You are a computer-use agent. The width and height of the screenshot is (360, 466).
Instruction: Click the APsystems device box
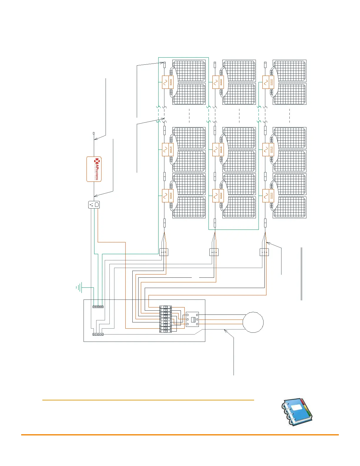coord(94,169)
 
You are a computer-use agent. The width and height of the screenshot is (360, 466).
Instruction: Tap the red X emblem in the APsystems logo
coord(97,161)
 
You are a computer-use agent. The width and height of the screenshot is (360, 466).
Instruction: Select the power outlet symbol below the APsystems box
coord(94,205)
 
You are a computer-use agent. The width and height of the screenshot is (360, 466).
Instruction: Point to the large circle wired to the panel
coord(253,322)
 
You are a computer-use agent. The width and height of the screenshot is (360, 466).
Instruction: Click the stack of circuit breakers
coord(166,319)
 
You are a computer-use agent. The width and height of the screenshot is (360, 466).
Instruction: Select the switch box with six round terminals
coord(192,319)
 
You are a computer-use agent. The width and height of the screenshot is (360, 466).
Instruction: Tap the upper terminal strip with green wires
coord(98,307)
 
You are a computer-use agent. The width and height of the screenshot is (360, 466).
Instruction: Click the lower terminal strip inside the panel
coord(98,334)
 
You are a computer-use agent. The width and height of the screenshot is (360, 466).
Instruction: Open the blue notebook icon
coord(297,412)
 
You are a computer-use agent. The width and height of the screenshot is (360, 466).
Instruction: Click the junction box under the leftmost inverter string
coord(164,252)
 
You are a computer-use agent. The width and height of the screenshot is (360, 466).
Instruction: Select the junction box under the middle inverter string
coord(214,252)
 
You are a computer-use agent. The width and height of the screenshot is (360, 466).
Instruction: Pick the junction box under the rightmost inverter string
coord(264,252)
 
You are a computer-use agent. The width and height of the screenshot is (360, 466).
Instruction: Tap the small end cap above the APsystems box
coord(94,134)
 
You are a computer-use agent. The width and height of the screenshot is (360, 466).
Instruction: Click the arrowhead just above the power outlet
coord(96,196)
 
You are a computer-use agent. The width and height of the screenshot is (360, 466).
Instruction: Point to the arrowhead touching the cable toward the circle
coord(225,331)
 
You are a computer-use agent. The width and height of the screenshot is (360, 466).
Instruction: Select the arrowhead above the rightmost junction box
coord(268,243)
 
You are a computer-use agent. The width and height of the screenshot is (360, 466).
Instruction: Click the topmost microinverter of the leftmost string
coord(168,82)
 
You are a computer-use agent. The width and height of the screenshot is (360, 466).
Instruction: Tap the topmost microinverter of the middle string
coord(218,82)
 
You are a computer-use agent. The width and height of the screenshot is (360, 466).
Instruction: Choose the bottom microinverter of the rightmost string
coord(268,196)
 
